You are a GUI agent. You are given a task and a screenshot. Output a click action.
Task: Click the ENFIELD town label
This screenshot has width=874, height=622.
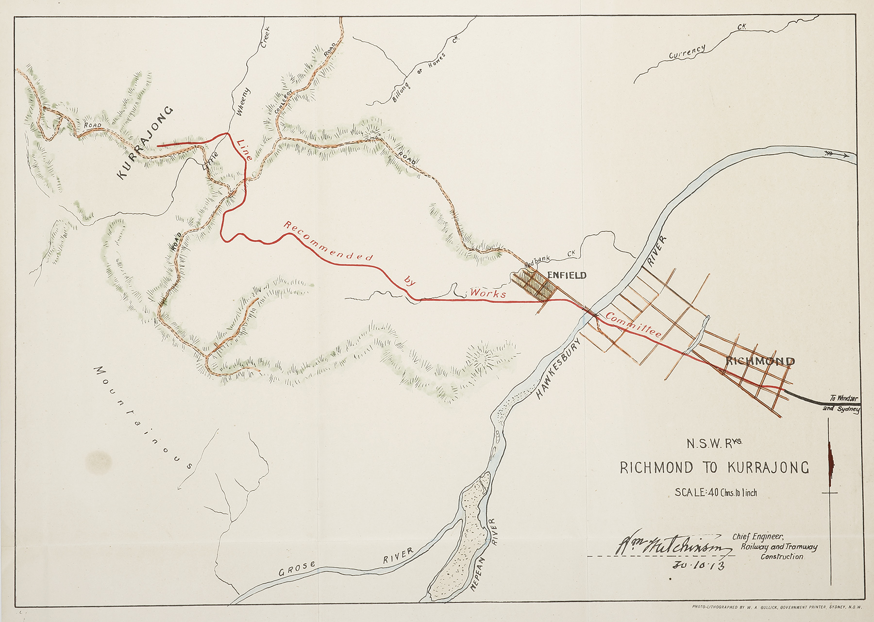point(567,276)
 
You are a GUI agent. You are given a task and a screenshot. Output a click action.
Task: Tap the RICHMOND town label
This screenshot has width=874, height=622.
point(760,361)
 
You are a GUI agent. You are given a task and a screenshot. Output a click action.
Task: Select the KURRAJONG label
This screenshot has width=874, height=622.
point(145,143)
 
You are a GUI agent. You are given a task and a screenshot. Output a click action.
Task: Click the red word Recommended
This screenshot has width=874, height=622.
point(328,241)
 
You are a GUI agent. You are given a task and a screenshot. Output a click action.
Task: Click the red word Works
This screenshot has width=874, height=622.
point(488,294)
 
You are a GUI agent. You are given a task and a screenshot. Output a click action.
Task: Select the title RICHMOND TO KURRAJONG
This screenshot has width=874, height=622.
point(715,468)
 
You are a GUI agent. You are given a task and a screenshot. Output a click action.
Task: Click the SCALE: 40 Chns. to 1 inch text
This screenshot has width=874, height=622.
point(716,492)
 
